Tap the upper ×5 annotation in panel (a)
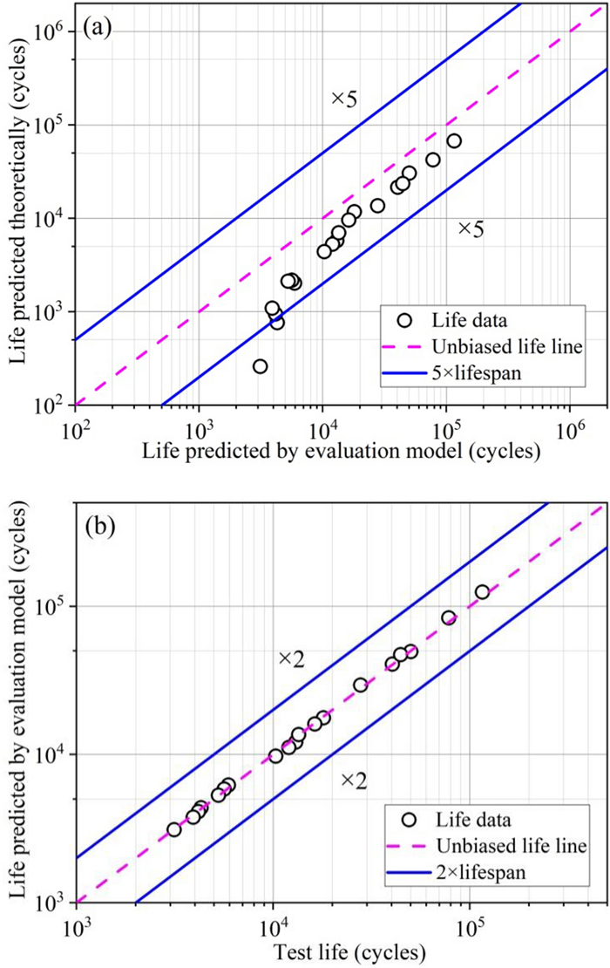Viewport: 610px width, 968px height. (x=344, y=99)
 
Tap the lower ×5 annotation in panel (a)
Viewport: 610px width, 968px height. (x=471, y=229)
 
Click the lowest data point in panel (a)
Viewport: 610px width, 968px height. (x=260, y=366)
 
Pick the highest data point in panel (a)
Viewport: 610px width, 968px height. (x=454, y=141)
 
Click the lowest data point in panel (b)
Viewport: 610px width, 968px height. (x=174, y=829)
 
